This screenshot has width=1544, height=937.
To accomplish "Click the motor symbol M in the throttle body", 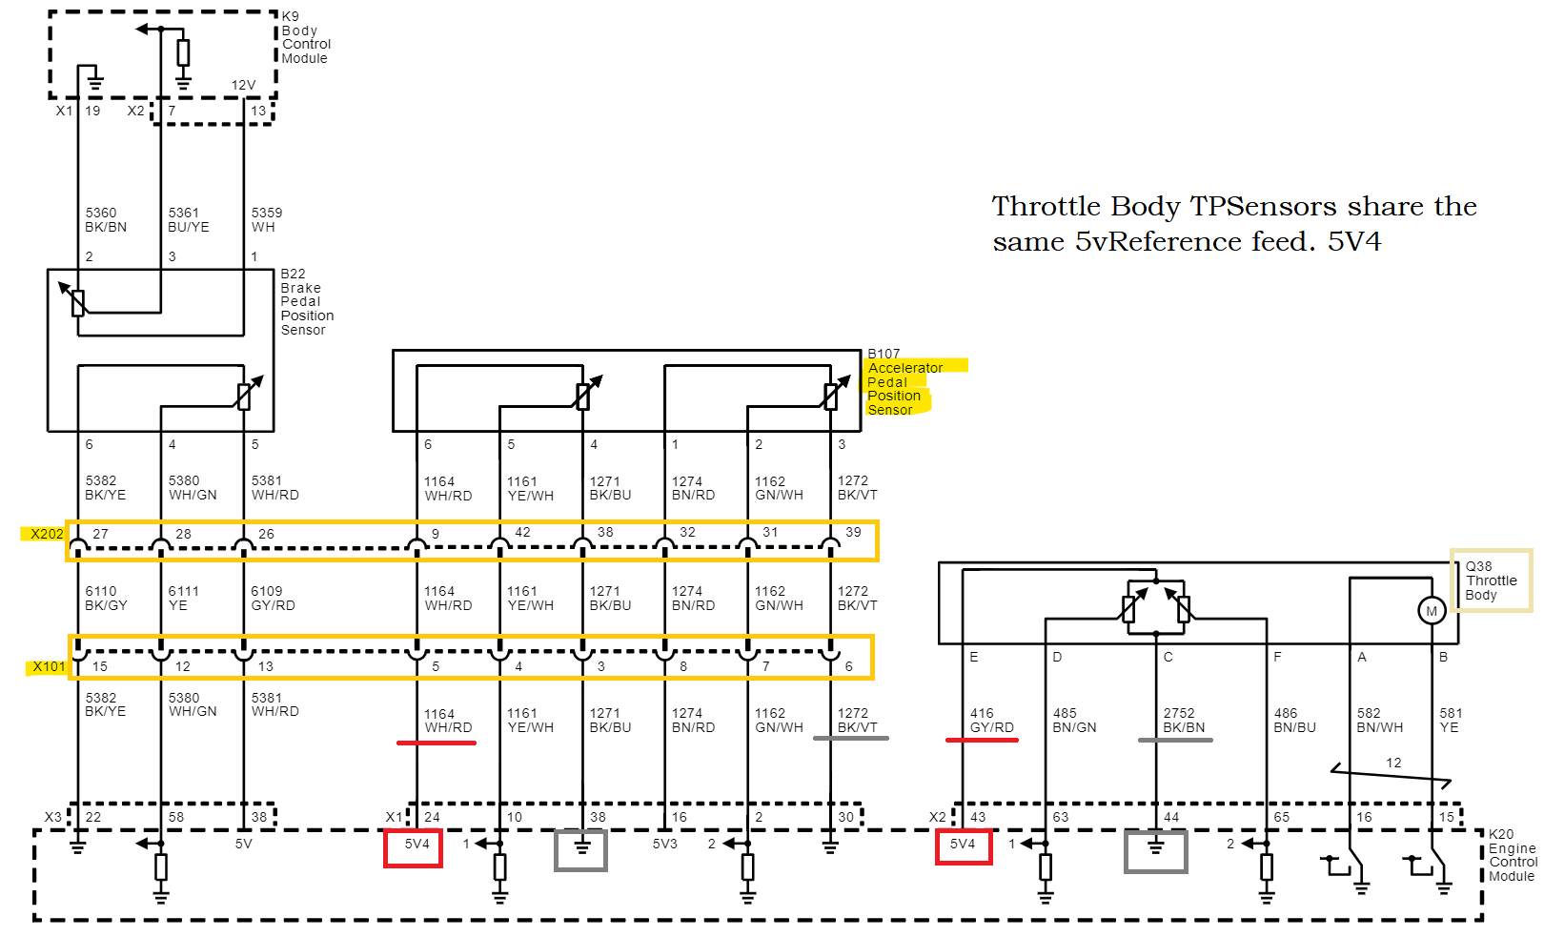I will [1431, 611].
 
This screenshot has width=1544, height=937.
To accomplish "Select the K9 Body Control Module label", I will [305, 38].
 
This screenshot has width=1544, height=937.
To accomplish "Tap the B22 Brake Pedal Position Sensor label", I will [306, 302].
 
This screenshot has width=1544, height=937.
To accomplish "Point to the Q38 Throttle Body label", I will [1491, 581].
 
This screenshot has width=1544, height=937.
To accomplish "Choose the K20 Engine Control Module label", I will [1512, 855].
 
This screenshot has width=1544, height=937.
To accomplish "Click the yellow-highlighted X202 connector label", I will [47, 534].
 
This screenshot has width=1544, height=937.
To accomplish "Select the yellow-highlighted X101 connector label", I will [49, 666].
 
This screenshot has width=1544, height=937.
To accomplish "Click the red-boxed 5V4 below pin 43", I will [963, 845].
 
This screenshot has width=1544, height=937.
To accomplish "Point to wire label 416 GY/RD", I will [991, 721].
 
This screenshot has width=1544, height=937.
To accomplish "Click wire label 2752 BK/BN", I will [1184, 721].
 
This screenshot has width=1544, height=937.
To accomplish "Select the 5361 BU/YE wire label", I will [188, 220].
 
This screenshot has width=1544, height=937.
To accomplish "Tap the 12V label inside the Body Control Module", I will [243, 85].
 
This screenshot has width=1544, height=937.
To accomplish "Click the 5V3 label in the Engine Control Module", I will [664, 845].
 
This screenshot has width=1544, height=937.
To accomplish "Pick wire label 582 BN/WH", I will [1379, 721].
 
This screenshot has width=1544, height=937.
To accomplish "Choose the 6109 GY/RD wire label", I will [273, 599].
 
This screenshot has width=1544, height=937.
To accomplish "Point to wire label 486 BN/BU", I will [1294, 721].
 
